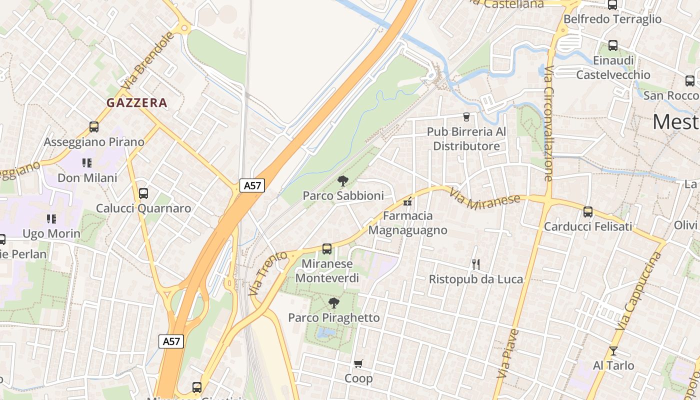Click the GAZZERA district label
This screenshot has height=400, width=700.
tap(136, 103)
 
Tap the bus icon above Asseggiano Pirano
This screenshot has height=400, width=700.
tap(94, 127)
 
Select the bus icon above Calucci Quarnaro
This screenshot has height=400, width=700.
tap(143, 193)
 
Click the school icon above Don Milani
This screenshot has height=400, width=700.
tap(87, 163)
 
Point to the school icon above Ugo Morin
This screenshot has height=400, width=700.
tap(51, 219)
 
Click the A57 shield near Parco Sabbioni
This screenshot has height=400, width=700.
tap(252, 185)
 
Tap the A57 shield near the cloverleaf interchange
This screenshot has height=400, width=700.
tap(171, 341)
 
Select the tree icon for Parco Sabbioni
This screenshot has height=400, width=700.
tap(342, 181)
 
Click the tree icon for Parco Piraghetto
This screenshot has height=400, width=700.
tap(333, 303)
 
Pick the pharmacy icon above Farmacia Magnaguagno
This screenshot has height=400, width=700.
tap(407, 201)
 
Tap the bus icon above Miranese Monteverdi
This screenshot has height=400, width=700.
tap(327, 248)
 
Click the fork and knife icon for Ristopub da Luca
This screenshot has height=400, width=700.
tap(476, 264)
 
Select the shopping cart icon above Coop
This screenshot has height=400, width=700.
tap(358, 363)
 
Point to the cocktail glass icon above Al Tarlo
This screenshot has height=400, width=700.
tap(613, 351)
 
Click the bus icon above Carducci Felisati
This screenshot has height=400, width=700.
tap(588, 212)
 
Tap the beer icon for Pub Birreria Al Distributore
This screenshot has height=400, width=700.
tap(466, 117)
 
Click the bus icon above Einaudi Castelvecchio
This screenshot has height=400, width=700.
tap(613, 45)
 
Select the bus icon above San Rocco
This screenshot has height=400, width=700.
tap(690, 81)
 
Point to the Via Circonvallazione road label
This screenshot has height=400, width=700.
tap(548, 123)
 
